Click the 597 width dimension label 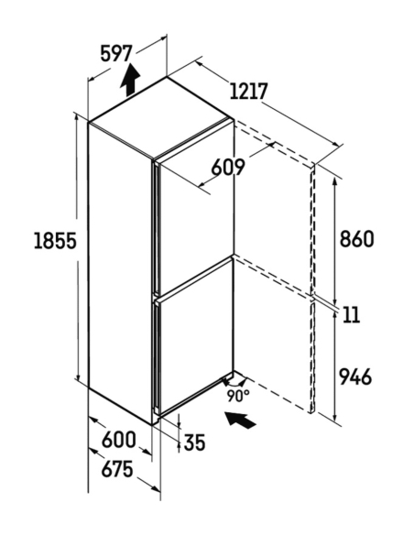tap(116, 53)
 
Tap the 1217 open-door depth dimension tap(248, 91)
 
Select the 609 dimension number tap(228, 167)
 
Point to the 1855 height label tap(55, 241)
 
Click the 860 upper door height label tap(356, 239)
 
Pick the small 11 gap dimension tap(350, 314)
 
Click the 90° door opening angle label tap(238, 396)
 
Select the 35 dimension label tap(195, 442)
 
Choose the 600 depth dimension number tap(119, 440)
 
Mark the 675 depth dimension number tap(117, 469)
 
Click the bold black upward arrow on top tap(130, 80)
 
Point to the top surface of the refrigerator tap(161, 117)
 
